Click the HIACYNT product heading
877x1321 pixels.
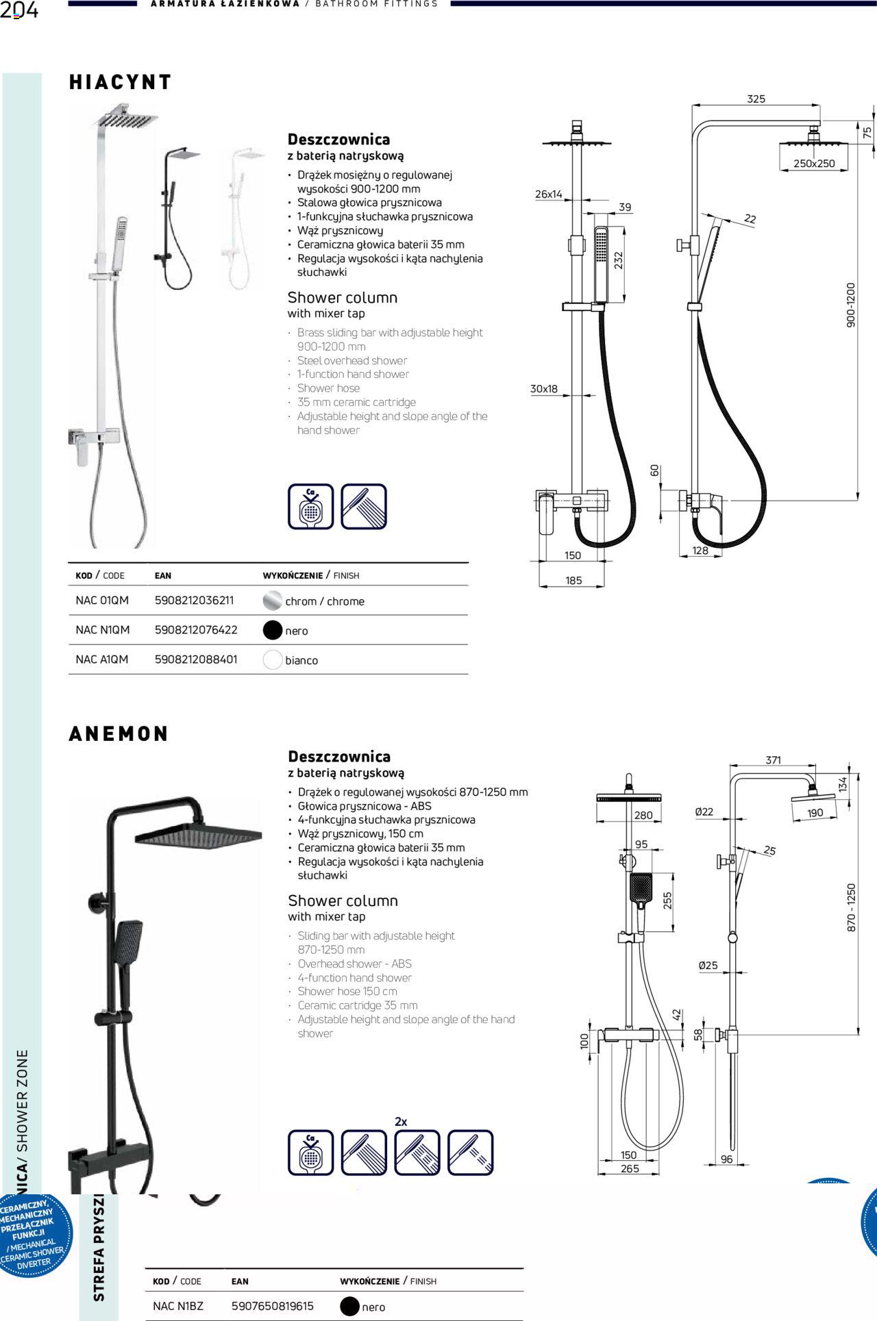[120, 82]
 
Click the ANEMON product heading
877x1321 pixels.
[119, 733]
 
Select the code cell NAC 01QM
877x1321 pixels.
[102, 601]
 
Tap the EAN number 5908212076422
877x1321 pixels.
[196, 630]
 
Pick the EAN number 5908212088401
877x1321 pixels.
[196, 659]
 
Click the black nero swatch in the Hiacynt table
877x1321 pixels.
[273, 630]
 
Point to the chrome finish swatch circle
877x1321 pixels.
[273, 601]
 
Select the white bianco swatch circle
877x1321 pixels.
[273, 660]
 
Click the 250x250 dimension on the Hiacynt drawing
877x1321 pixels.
[814, 164]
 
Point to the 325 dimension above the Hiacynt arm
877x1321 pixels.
[756, 99]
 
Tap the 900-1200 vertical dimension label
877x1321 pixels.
[851, 305]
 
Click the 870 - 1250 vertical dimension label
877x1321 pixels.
[852, 907]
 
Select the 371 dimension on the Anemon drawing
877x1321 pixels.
[773, 760]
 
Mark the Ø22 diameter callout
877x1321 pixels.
[704, 812]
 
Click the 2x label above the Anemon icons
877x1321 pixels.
[401, 1122]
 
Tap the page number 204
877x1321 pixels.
[19, 11]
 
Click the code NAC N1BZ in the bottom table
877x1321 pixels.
[178, 1306]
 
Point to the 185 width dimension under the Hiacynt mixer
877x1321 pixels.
[573, 581]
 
